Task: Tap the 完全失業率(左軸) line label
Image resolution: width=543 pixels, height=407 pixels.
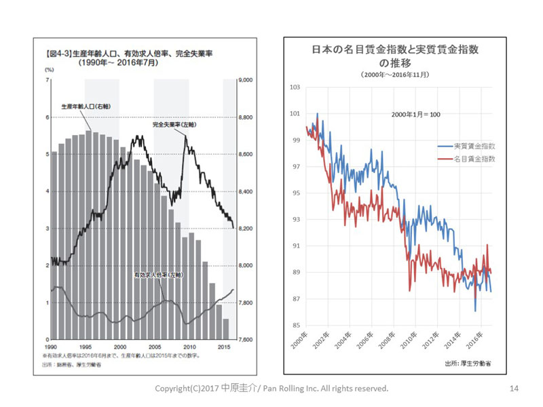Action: (x=173, y=125)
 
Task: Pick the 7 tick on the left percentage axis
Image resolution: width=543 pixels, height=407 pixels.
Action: (x=47, y=81)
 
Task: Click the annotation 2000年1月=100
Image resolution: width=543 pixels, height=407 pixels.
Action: (x=415, y=114)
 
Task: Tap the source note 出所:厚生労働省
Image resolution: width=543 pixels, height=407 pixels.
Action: (x=468, y=364)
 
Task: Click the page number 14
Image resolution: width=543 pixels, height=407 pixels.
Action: (x=514, y=389)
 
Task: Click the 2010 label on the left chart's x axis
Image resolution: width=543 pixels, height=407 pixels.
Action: (x=189, y=346)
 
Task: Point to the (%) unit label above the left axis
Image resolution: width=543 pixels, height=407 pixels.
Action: (x=49, y=70)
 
